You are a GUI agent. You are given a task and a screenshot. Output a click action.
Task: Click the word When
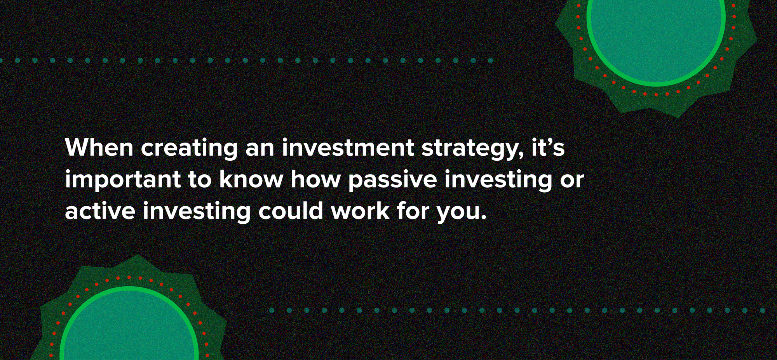tap(99, 148)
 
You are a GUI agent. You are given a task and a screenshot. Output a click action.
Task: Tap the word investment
tap(348, 148)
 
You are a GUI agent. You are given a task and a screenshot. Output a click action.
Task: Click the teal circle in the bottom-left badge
tap(129, 330)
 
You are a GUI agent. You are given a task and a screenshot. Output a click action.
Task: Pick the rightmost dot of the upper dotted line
tap(490, 61)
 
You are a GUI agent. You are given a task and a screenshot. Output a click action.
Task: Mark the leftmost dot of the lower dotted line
tap(272, 310)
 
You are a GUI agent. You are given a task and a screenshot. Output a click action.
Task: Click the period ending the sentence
tap(483, 218)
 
